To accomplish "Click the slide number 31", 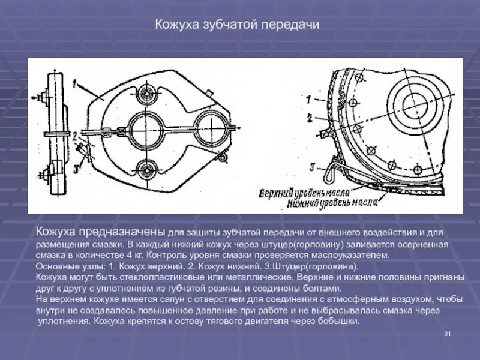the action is (447, 334).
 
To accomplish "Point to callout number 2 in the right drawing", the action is (308, 118).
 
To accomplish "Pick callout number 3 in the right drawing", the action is (312, 166).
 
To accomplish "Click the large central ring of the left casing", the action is (146, 127).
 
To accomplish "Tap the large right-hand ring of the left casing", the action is (213, 127).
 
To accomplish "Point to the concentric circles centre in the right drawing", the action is (414, 106).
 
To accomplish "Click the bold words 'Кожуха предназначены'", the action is (100, 231).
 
